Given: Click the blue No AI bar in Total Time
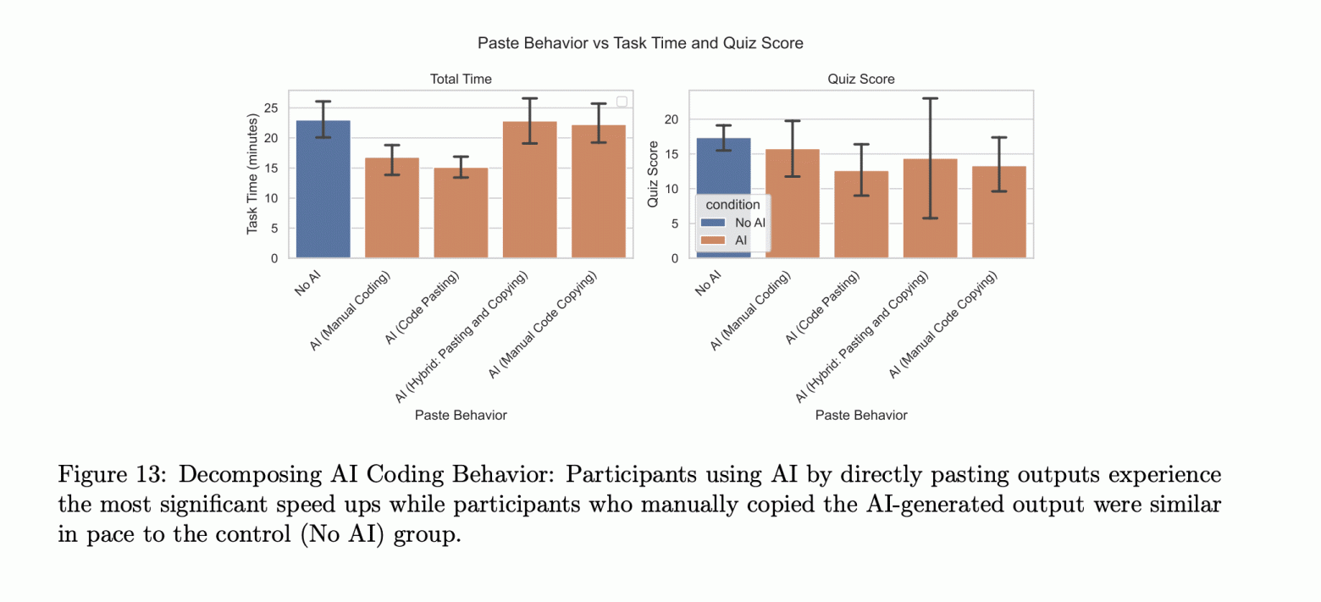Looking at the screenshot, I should pyautogui.click(x=323, y=190).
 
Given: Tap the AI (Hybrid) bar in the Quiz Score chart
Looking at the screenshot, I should pyautogui.click(x=930, y=208).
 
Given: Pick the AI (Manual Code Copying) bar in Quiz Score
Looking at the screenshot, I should pyautogui.click(x=998, y=213).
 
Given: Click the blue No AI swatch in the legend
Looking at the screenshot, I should pyautogui.click(x=712, y=223).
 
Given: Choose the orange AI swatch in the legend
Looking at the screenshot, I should pyautogui.click(x=712, y=240).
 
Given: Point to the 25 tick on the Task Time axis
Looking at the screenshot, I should pyautogui.click(x=271, y=108).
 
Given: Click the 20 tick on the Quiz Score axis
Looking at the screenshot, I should pyautogui.click(x=672, y=119).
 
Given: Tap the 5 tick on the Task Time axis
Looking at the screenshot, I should pyautogui.click(x=274, y=229).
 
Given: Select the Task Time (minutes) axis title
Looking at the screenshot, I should pyautogui.click(x=252, y=174).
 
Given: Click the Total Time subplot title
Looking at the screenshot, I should pyautogui.click(x=461, y=79).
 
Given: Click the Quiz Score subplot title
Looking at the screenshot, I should pyautogui.click(x=860, y=79).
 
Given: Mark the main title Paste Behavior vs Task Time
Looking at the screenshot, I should pyautogui.click(x=639, y=42).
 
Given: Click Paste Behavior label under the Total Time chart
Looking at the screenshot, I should pyautogui.click(x=461, y=415).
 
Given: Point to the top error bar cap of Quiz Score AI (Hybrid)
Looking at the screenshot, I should pyautogui.click(x=930, y=98).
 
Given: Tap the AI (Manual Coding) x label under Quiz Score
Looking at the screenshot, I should pyautogui.click(x=752, y=312).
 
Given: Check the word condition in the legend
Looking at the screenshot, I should pyautogui.click(x=732, y=205).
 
